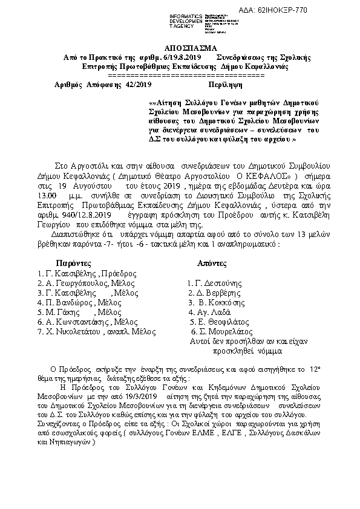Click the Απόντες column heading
(x=212, y=264)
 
